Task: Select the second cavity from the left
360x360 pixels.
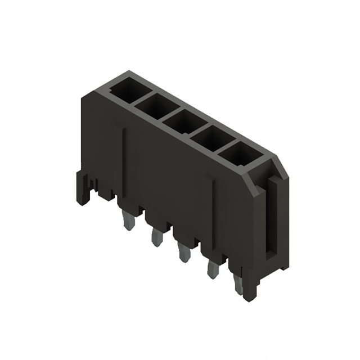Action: (154, 103)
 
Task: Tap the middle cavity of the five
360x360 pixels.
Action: (181, 120)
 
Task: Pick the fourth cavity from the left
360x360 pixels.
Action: (209, 137)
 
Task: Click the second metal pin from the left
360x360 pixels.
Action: (155, 236)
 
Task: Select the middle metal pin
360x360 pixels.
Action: (182, 253)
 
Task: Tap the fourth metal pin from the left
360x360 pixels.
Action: (213, 269)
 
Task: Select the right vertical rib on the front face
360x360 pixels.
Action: (213, 214)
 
